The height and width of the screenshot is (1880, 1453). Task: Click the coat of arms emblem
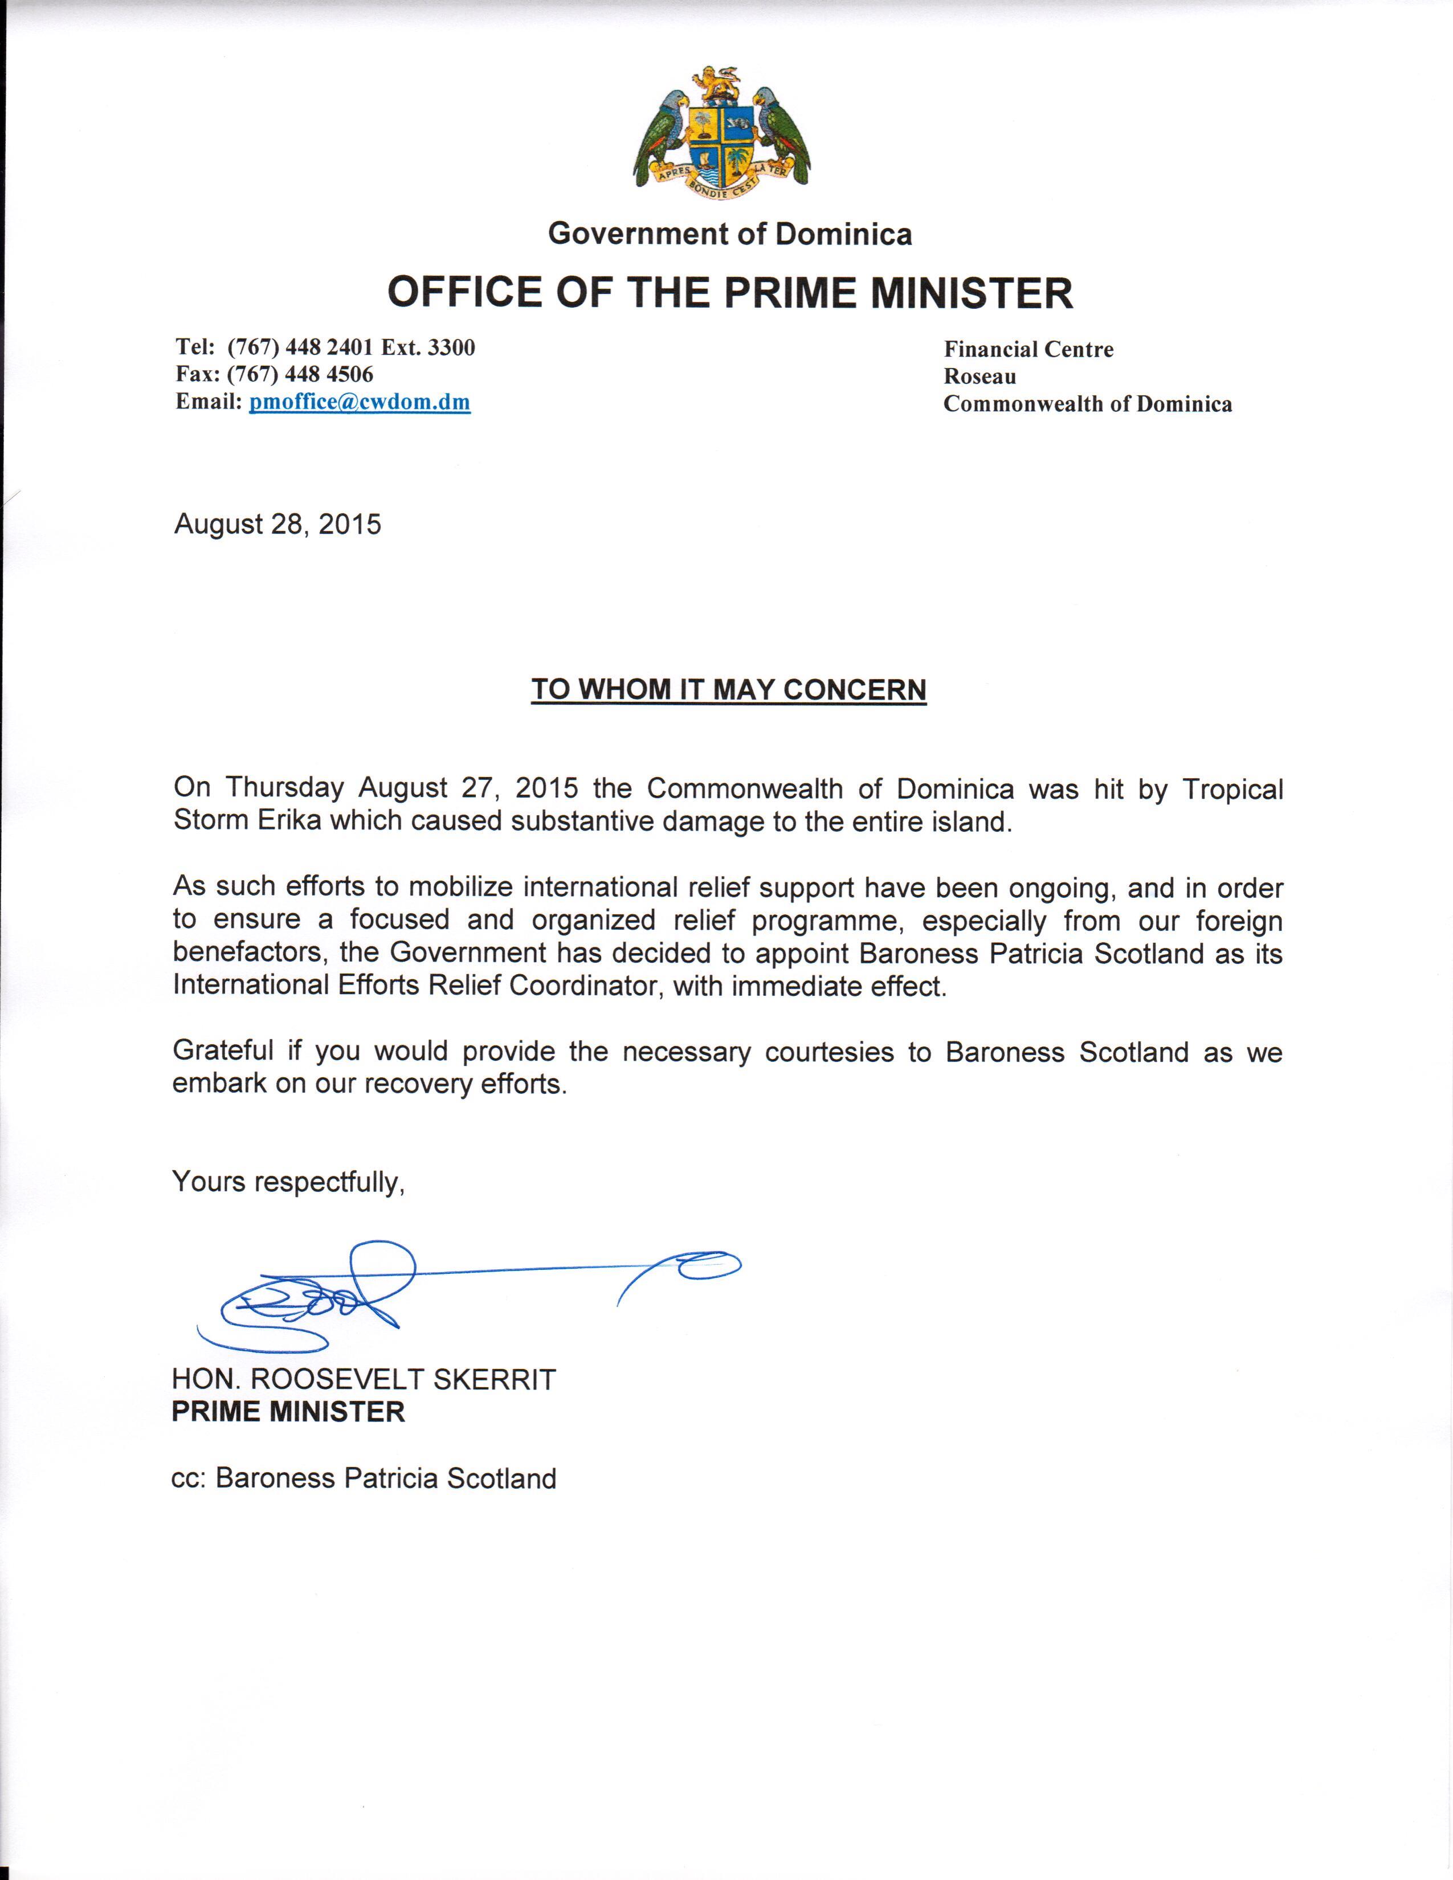click(721, 133)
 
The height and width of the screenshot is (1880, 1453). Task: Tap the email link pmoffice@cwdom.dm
click(360, 402)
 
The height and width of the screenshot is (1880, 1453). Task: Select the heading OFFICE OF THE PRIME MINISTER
click(730, 293)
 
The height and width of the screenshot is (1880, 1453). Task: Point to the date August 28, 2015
click(277, 524)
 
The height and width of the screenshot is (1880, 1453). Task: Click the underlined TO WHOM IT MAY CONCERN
click(728, 689)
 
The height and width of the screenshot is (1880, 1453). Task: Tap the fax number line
click(275, 374)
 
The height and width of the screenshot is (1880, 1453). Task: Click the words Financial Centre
click(1028, 349)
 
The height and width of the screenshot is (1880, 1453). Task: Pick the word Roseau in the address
click(979, 376)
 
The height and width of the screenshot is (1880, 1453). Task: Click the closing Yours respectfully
click(288, 1182)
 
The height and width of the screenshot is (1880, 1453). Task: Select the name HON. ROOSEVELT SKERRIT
click(364, 1380)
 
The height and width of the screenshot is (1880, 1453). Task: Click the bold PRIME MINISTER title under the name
click(288, 1412)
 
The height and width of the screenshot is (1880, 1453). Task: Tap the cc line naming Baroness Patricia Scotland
click(364, 1478)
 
